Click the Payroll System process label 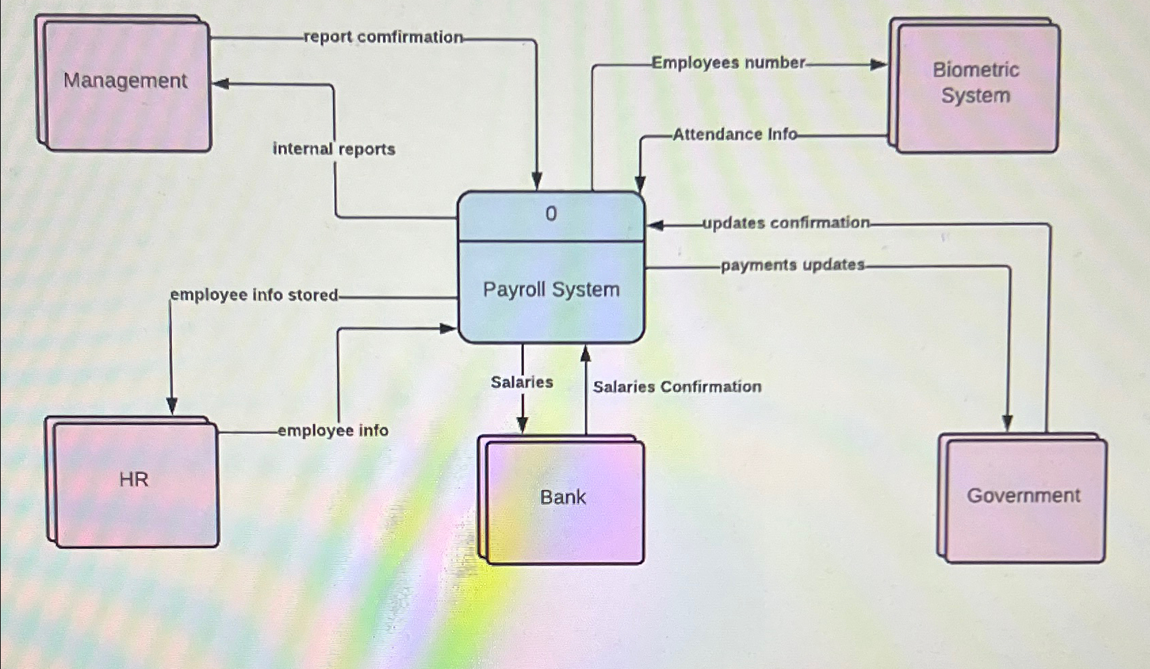pyautogui.click(x=551, y=290)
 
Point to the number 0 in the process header pyautogui.click(x=551, y=214)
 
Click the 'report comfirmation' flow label pyautogui.click(x=383, y=37)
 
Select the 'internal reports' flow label pyautogui.click(x=334, y=149)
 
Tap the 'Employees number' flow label pyautogui.click(x=728, y=63)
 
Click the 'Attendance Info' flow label pyautogui.click(x=734, y=134)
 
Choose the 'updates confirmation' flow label pyautogui.click(x=786, y=223)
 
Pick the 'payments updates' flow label pyautogui.click(x=792, y=265)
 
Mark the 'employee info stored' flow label pyautogui.click(x=254, y=295)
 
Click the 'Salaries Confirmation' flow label pyautogui.click(x=677, y=387)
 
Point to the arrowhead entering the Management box pyautogui.click(x=221, y=84)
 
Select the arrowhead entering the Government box pyautogui.click(x=1007, y=423)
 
